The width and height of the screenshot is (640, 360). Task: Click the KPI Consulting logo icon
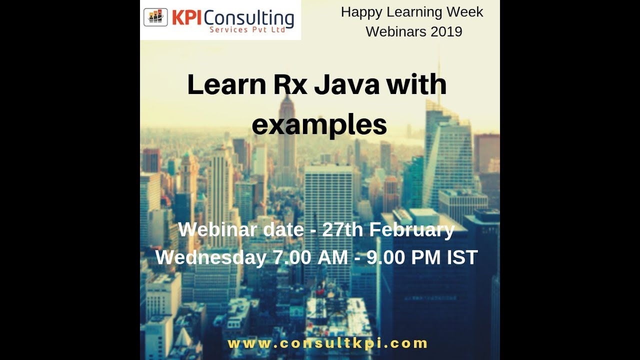[x=155, y=17]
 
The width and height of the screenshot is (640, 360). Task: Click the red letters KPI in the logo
[x=187, y=18]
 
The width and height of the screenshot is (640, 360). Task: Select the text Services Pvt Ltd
[x=247, y=29]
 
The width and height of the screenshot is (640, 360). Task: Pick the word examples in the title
[x=319, y=125]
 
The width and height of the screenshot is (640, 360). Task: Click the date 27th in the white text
[x=343, y=230]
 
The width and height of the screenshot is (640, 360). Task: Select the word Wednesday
[x=211, y=257]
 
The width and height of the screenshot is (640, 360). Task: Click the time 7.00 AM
[x=310, y=257]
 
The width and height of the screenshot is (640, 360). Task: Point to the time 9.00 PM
[x=404, y=257]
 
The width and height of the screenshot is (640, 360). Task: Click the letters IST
[x=462, y=257]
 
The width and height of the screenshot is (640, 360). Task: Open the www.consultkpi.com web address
[x=327, y=343]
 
